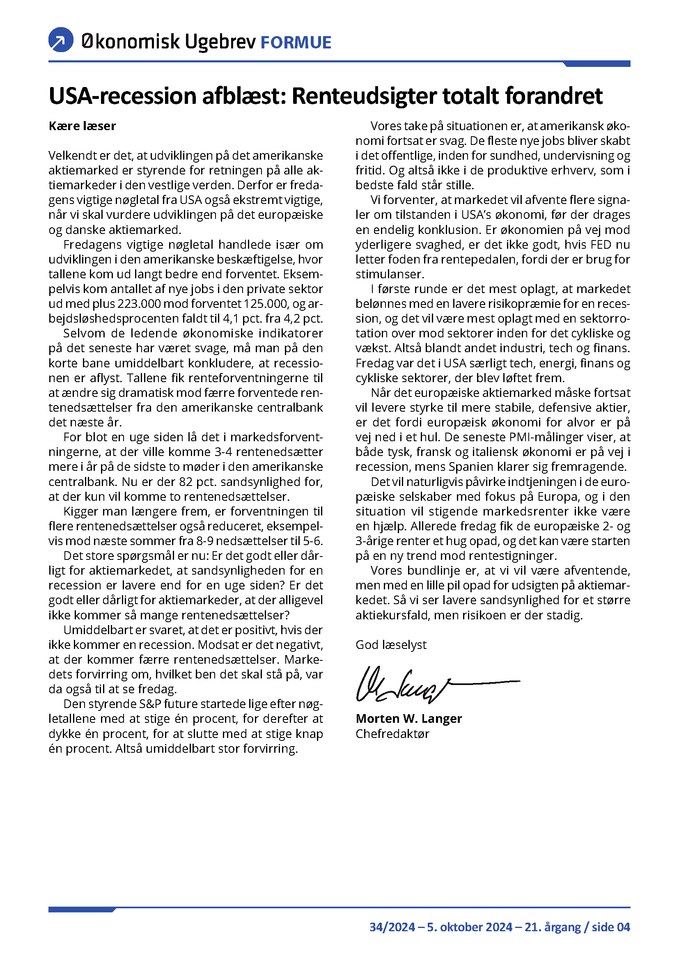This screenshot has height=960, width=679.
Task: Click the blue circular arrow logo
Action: tap(61, 40)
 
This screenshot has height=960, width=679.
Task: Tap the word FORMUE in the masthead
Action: tap(296, 43)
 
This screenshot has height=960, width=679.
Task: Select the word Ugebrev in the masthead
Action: tap(220, 42)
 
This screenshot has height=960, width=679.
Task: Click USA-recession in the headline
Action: tap(122, 96)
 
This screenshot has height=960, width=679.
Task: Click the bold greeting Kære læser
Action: tap(83, 126)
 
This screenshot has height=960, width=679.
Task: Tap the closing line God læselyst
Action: tap(391, 644)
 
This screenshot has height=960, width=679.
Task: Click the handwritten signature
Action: tap(418, 684)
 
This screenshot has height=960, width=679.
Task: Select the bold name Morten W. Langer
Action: tap(408, 718)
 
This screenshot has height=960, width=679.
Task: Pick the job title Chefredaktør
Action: tap(392, 733)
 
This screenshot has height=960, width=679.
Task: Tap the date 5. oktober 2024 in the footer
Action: tap(470, 927)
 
